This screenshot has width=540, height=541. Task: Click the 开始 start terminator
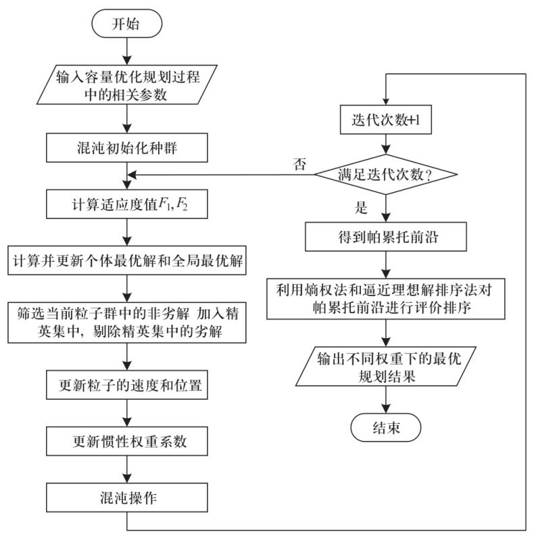click(x=127, y=25)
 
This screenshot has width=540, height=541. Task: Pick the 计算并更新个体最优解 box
click(x=127, y=260)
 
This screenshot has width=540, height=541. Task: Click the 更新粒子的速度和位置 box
click(x=127, y=386)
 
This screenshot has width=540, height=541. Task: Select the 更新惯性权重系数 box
click(x=127, y=442)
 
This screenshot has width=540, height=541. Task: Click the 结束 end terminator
click(x=386, y=427)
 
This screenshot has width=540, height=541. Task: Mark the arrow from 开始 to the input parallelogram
click(x=127, y=52)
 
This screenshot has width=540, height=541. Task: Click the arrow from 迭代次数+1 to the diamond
click(x=386, y=147)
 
